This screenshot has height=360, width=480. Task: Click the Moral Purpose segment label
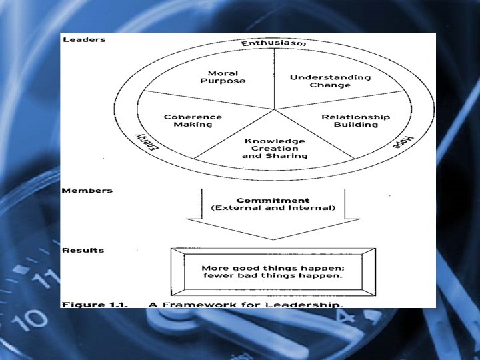click(x=223, y=77)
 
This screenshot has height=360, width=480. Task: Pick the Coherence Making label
click(x=193, y=121)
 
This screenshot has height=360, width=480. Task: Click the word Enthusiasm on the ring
click(x=273, y=43)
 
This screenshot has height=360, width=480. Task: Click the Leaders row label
click(x=83, y=39)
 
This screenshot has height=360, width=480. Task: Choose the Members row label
click(x=87, y=191)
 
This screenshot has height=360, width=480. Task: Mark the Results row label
click(x=83, y=250)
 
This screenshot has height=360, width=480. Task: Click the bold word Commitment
click(x=273, y=200)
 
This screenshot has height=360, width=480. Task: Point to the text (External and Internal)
click(x=273, y=209)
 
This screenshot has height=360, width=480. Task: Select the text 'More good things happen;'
click(x=272, y=267)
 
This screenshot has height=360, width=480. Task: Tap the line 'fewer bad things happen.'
click(x=272, y=276)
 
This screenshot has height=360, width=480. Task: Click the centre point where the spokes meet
click(x=274, y=109)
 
